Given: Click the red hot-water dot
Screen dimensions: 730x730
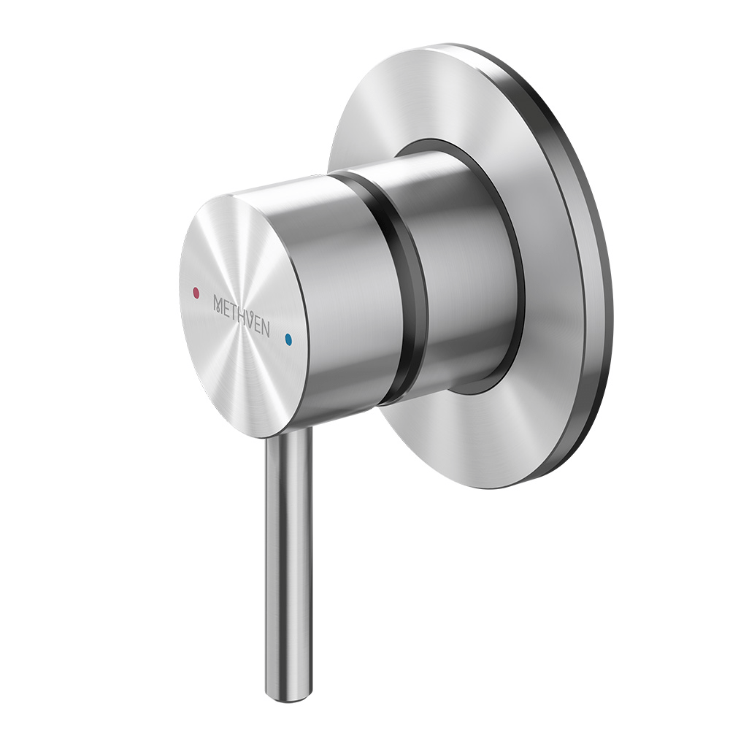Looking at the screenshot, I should [x=194, y=292].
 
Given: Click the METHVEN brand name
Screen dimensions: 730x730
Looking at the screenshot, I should [x=241, y=315].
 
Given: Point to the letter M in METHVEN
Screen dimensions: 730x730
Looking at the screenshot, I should [x=217, y=302].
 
